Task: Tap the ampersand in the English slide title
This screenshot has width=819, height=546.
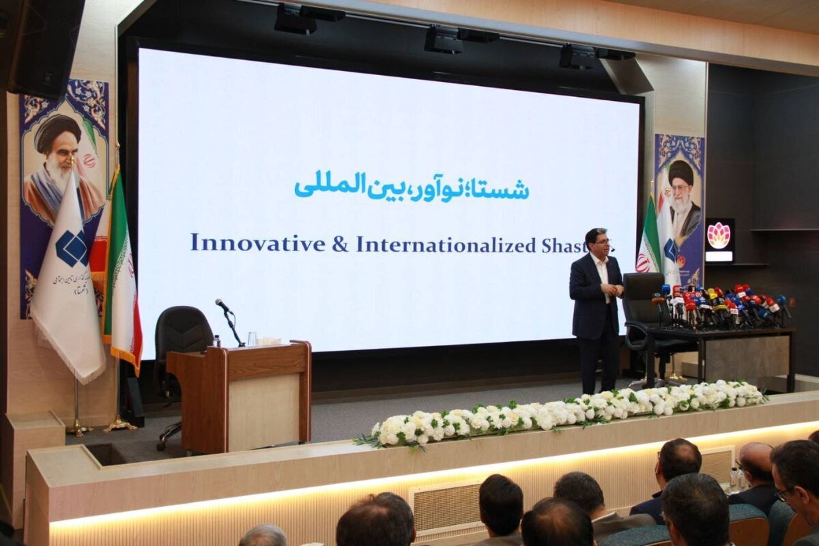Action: (x=340, y=244)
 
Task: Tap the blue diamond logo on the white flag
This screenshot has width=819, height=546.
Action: (x=72, y=248)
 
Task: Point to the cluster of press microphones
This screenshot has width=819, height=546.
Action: (x=723, y=306)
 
